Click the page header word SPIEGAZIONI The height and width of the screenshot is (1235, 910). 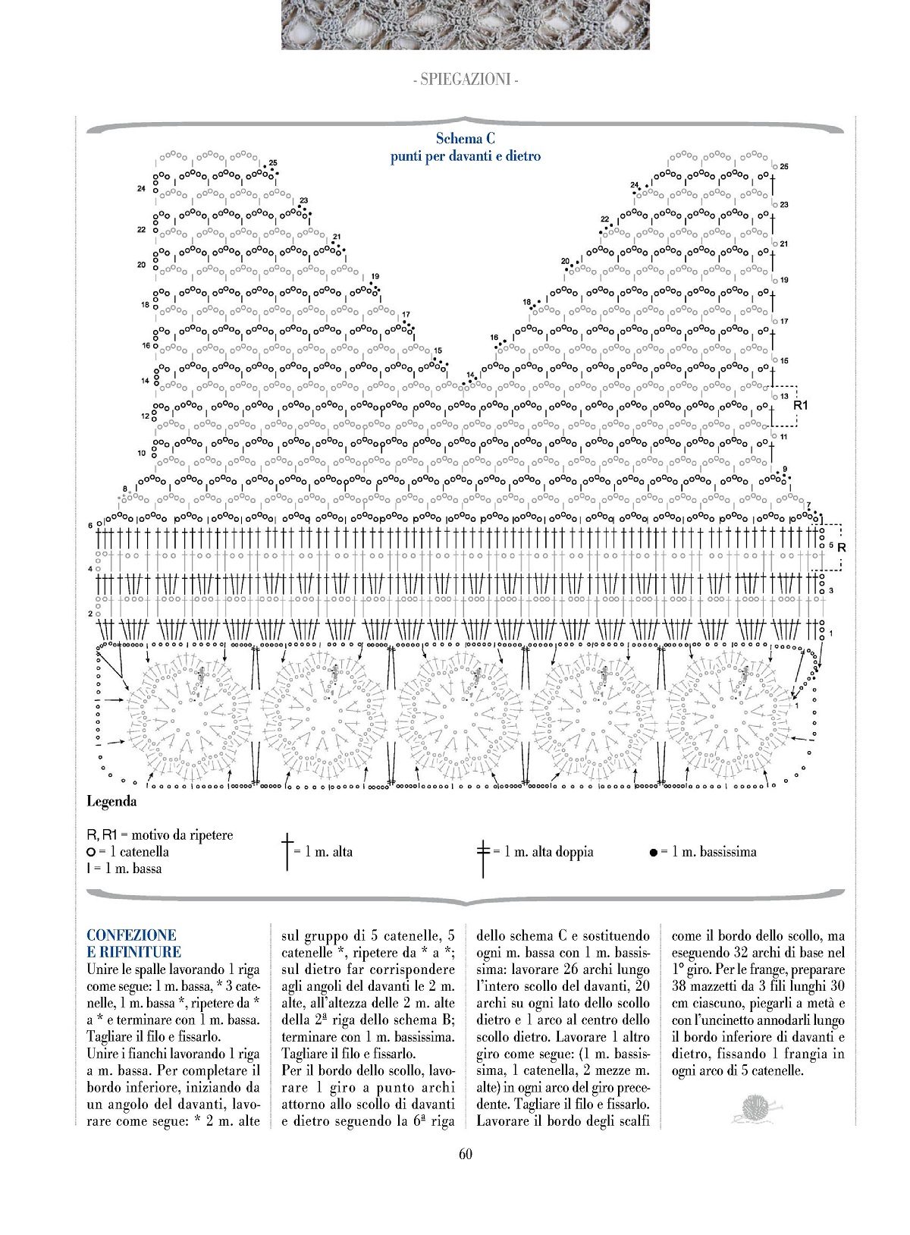coord(466,79)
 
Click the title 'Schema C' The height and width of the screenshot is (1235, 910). coord(466,139)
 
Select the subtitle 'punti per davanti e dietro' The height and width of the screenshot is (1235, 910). coord(466,156)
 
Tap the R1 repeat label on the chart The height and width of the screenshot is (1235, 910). coord(801,406)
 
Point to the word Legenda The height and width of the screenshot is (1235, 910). coord(111,801)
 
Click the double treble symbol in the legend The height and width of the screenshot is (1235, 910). coord(483,852)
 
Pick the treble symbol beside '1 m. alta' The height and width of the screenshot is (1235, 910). coord(287,852)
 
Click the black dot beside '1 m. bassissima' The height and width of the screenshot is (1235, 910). coord(653,853)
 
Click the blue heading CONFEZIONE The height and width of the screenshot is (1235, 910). coord(131,935)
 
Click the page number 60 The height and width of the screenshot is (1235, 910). coord(466,1154)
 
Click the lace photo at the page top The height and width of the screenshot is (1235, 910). coord(466,25)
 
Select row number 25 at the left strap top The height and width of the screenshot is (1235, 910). coord(273,163)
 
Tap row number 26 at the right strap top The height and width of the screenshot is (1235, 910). coord(784,166)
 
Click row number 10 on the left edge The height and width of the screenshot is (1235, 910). coord(142,453)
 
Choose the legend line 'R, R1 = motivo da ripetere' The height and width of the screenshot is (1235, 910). coord(160,835)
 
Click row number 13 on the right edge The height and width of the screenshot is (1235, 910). coord(784,396)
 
